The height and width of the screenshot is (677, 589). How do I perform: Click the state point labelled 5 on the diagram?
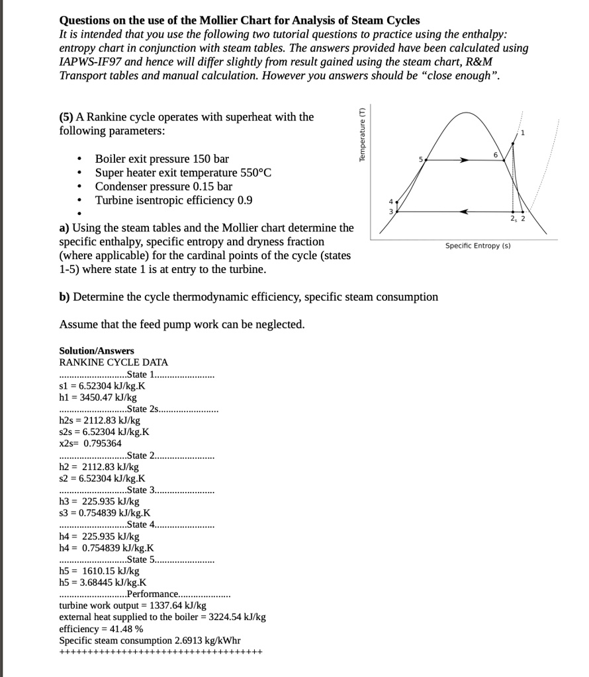[426, 160]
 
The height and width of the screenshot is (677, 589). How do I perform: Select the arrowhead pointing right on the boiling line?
[465, 160]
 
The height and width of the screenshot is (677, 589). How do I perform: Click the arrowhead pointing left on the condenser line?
[466, 212]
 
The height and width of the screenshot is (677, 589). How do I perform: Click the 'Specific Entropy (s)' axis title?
[478, 246]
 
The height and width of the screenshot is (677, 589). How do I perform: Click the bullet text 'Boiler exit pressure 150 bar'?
[162, 159]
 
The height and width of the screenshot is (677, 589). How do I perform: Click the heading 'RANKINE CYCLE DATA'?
[114, 362]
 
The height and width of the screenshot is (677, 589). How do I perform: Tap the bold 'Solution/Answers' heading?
[97, 350]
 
